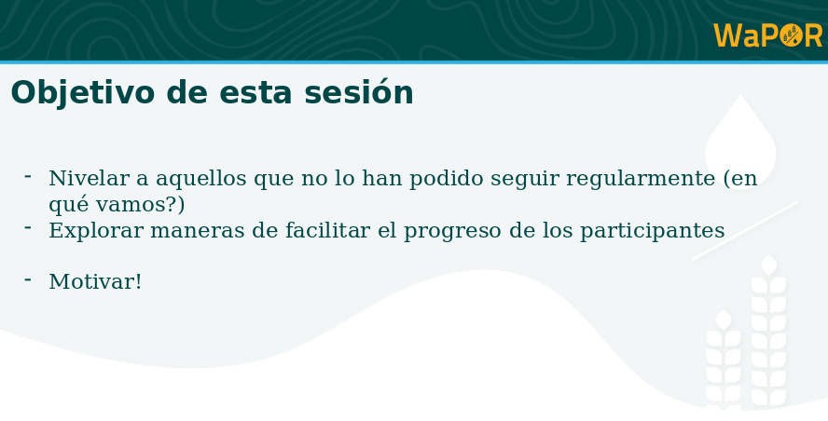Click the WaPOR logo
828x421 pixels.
767,35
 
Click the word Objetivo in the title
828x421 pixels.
82,93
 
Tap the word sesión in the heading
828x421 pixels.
359,92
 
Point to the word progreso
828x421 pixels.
452,232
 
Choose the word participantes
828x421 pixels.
652,231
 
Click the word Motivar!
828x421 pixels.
95,281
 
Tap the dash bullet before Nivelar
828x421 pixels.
28,176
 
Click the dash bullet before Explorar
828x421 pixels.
28,227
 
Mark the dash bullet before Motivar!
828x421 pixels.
28,279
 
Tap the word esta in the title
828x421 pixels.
255,94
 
